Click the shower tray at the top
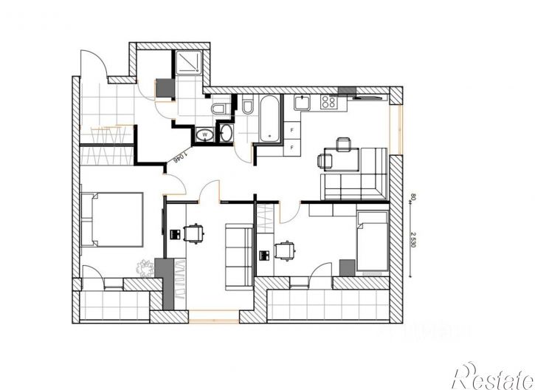click(188, 64)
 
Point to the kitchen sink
click(301, 103)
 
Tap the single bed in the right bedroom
click(371, 242)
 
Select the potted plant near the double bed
click(144, 267)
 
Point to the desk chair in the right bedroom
click(284, 251)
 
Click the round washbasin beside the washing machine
click(226, 134)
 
